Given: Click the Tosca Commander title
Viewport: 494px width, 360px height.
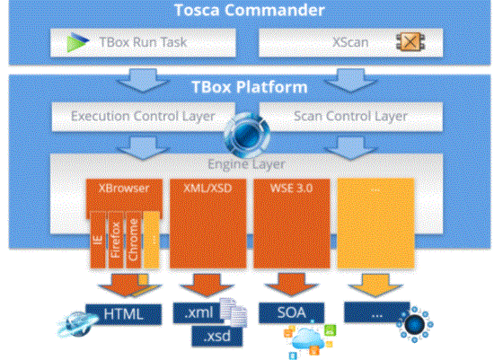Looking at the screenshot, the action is pyautogui.click(x=249, y=10).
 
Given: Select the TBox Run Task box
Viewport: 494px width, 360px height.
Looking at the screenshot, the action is pyautogui.click(x=143, y=43).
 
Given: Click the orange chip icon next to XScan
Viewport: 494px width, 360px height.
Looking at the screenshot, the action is pyautogui.click(x=410, y=41).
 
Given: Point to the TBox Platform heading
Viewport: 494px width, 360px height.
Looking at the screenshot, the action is pyautogui.click(x=249, y=87).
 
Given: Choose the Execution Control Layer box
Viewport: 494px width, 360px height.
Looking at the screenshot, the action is pyautogui.click(x=143, y=117).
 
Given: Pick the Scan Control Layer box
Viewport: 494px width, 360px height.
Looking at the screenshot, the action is pyautogui.click(x=350, y=117).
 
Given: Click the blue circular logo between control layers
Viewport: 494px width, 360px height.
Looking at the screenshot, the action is pyautogui.click(x=247, y=136).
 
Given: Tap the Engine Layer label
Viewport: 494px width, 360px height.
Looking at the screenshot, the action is pyautogui.click(x=246, y=164).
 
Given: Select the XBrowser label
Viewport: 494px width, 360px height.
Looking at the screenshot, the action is pyautogui.click(x=124, y=189).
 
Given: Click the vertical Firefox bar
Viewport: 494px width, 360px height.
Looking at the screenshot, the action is pyautogui.click(x=116, y=240).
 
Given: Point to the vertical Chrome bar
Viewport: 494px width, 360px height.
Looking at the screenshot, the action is pyautogui.click(x=133, y=240).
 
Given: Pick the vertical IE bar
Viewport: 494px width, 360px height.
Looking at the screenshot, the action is pyautogui.click(x=98, y=240).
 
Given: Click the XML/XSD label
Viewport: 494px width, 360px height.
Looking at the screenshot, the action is pyautogui.click(x=207, y=189).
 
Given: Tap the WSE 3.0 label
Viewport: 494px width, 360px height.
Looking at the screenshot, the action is pyautogui.click(x=291, y=189).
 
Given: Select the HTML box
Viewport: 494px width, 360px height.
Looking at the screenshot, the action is pyautogui.click(x=124, y=314).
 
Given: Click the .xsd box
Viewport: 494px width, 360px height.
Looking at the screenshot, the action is pyautogui.click(x=217, y=337).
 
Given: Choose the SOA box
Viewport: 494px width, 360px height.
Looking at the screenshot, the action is pyautogui.click(x=291, y=312).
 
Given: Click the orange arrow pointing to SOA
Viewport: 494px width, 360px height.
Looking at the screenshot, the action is pyautogui.click(x=291, y=285).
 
